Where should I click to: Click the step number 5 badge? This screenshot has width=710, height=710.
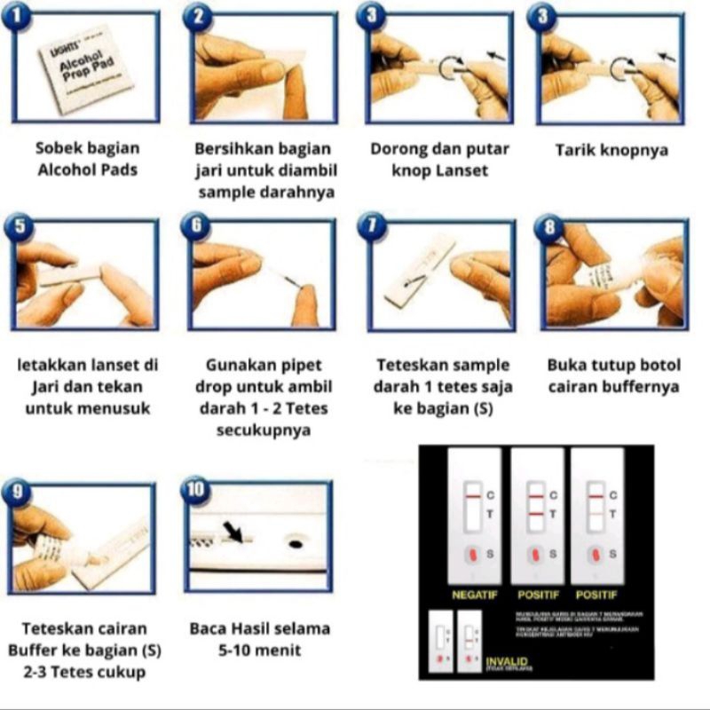tap(20, 228)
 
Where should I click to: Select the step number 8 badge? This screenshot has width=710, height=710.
tap(550, 228)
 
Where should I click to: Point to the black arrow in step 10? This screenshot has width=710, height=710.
tap(233, 532)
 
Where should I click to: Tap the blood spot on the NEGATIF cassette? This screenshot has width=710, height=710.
tap(473, 555)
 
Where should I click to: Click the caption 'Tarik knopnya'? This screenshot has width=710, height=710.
tap(611, 150)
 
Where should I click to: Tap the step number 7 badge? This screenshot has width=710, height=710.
tap(373, 228)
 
